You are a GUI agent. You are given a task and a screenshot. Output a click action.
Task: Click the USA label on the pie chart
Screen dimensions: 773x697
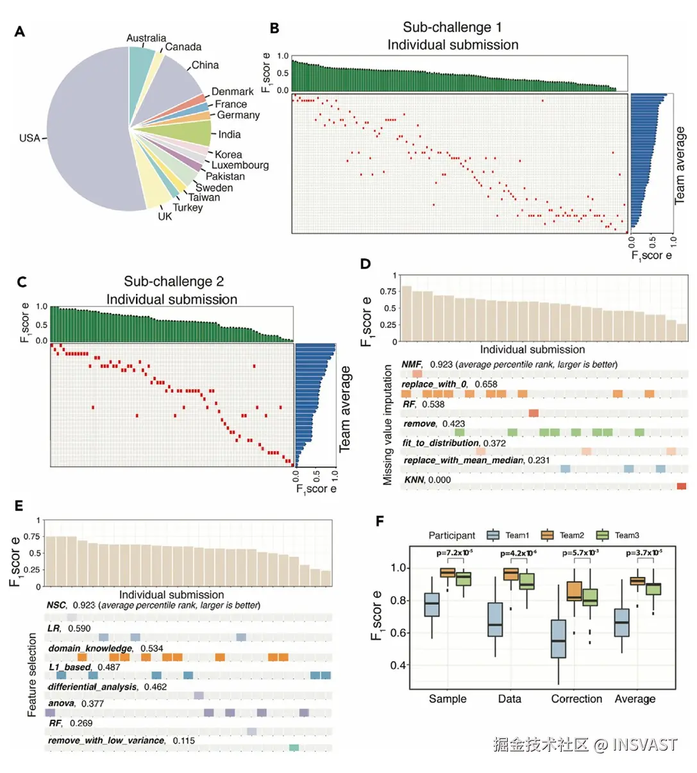tap(29, 138)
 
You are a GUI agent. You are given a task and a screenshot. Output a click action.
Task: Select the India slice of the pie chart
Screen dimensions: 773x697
tap(192, 133)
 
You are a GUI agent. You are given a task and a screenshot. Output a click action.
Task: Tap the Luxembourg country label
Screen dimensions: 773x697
tap(240, 165)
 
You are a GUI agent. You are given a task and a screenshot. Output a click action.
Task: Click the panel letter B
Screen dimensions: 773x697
tap(274, 28)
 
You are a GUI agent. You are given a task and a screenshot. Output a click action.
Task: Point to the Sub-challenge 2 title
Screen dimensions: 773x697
tap(174, 281)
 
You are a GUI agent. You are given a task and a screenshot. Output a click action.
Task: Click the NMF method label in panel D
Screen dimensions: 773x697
tap(411, 364)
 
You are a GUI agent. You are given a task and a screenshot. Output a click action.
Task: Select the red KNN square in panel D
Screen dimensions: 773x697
tap(681, 486)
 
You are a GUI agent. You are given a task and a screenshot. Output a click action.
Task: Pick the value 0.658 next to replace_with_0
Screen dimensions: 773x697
tap(486, 384)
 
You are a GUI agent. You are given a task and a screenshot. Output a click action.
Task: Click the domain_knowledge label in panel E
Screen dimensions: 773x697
tap(90, 648)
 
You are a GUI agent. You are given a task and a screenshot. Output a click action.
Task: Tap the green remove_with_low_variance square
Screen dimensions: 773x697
tap(294, 747)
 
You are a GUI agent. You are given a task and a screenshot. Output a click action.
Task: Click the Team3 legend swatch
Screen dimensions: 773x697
tap(602, 535)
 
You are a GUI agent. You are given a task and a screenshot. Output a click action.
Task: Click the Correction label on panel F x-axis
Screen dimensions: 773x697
tap(576, 699)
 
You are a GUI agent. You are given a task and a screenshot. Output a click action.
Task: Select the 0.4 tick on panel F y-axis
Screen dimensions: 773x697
tap(399, 665)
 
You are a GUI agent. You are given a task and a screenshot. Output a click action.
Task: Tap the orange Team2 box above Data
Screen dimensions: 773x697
tap(511, 574)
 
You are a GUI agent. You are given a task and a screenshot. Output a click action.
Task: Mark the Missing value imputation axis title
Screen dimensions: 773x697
tap(388, 424)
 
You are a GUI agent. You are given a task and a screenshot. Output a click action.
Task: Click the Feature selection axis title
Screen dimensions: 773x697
tap(32, 675)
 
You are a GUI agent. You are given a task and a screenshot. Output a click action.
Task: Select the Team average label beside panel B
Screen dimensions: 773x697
tap(680, 165)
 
